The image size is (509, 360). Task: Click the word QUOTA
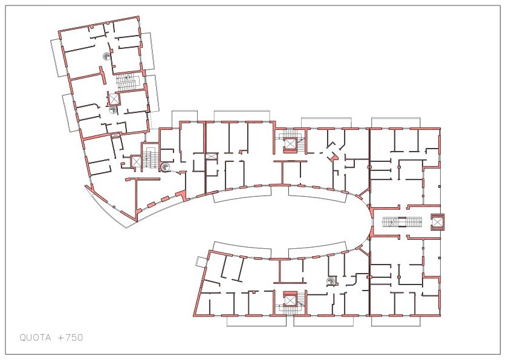click(x=35, y=338)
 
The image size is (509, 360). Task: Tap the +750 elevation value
click(x=71, y=338)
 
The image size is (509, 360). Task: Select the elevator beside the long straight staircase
click(x=437, y=222)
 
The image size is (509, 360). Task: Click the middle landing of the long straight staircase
click(x=403, y=222)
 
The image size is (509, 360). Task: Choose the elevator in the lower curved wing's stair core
click(x=289, y=300)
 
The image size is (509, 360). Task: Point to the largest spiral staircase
click(x=165, y=167)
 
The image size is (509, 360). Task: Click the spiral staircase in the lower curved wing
click(x=331, y=280)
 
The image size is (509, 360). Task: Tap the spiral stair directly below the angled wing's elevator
click(x=113, y=110)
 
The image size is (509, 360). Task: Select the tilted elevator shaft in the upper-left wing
click(x=114, y=98)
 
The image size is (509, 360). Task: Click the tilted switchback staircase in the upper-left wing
click(x=128, y=81)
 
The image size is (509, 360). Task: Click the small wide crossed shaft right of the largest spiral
click(x=212, y=156)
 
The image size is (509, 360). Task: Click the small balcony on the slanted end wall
click(x=200, y=261)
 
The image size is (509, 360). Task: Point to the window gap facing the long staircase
click(x=370, y=222)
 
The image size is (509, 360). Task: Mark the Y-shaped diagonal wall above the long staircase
click(x=363, y=194)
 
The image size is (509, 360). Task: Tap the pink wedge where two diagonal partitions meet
click(x=332, y=157)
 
